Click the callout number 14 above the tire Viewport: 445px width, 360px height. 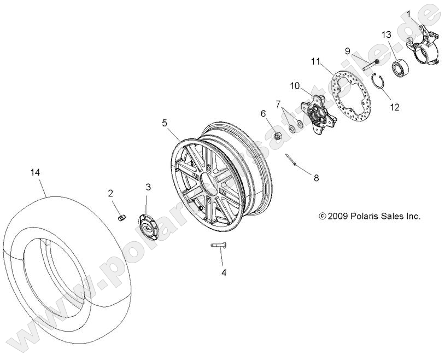pos(36,172)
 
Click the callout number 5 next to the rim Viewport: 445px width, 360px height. pos(165,123)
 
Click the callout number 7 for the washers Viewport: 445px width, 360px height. pos(278,103)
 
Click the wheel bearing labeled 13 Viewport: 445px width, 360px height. pos(402,69)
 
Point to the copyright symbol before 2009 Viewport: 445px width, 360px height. pos(322,217)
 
